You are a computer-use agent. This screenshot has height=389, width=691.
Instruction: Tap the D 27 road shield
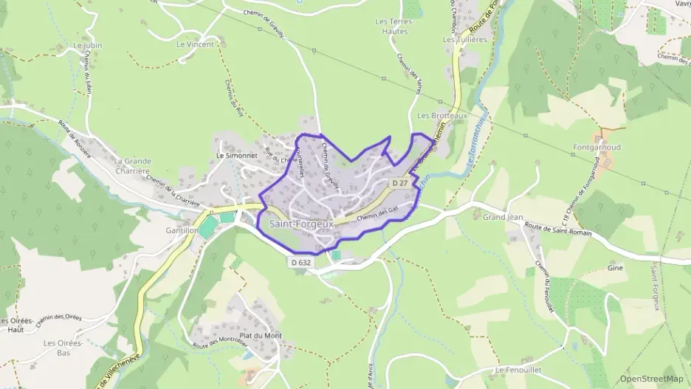(400, 182)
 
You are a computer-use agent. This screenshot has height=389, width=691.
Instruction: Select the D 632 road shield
(300, 261)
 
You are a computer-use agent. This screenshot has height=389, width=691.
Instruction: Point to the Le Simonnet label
(236, 156)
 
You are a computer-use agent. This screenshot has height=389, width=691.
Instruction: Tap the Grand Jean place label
(503, 218)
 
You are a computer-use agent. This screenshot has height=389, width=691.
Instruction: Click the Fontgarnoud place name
(597, 148)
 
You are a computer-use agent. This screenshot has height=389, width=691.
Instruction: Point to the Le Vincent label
(195, 44)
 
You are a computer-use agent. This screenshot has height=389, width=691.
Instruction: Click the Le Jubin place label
(87, 45)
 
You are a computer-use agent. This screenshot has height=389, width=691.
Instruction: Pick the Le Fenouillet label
(520, 369)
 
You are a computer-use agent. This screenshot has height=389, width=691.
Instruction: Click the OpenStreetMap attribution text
(651, 379)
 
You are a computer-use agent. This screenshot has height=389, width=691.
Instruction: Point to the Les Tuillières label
(464, 39)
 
